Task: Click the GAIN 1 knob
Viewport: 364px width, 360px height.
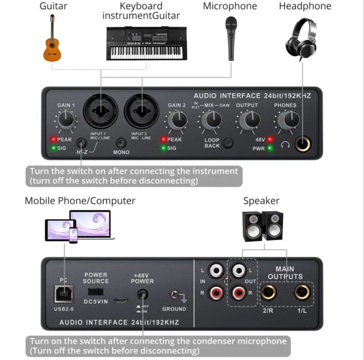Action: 66,119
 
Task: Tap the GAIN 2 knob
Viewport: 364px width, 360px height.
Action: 179,120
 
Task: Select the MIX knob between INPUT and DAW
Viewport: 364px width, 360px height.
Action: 212,120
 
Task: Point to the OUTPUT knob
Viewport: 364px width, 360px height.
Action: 251,120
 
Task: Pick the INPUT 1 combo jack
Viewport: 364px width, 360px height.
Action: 101,111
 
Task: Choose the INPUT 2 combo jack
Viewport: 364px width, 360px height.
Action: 142,111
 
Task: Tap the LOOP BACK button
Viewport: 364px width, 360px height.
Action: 228,143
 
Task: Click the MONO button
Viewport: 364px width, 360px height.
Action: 121,143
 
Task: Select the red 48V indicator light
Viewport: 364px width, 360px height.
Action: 270,139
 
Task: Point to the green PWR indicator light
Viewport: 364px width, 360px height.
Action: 270,148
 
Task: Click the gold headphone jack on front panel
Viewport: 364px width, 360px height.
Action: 303,144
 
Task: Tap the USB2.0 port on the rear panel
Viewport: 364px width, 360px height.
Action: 64,294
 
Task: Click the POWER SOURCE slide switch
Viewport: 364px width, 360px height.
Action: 96,292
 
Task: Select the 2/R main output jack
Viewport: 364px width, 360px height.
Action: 269,292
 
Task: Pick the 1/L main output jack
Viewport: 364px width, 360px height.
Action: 302,292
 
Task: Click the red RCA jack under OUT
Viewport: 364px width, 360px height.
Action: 238,293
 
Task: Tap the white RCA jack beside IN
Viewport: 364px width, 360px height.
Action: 216,270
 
